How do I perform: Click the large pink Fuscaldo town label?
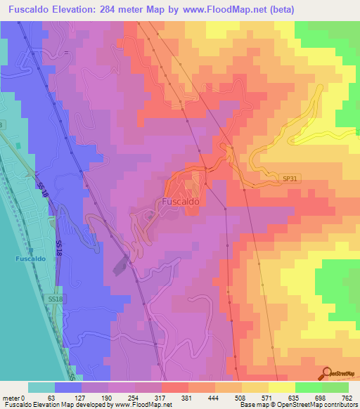pyautogui.click(x=180, y=202)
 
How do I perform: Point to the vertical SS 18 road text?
pyautogui.click(x=58, y=247)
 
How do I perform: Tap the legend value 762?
pyautogui.click(x=348, y=397)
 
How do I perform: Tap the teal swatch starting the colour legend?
pyautogui.click(x=41, y=387)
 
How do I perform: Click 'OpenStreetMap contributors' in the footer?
pyautogui.click(x=317, y=405)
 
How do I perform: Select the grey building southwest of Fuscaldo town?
pyautogui.click(x=120, y=268)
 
